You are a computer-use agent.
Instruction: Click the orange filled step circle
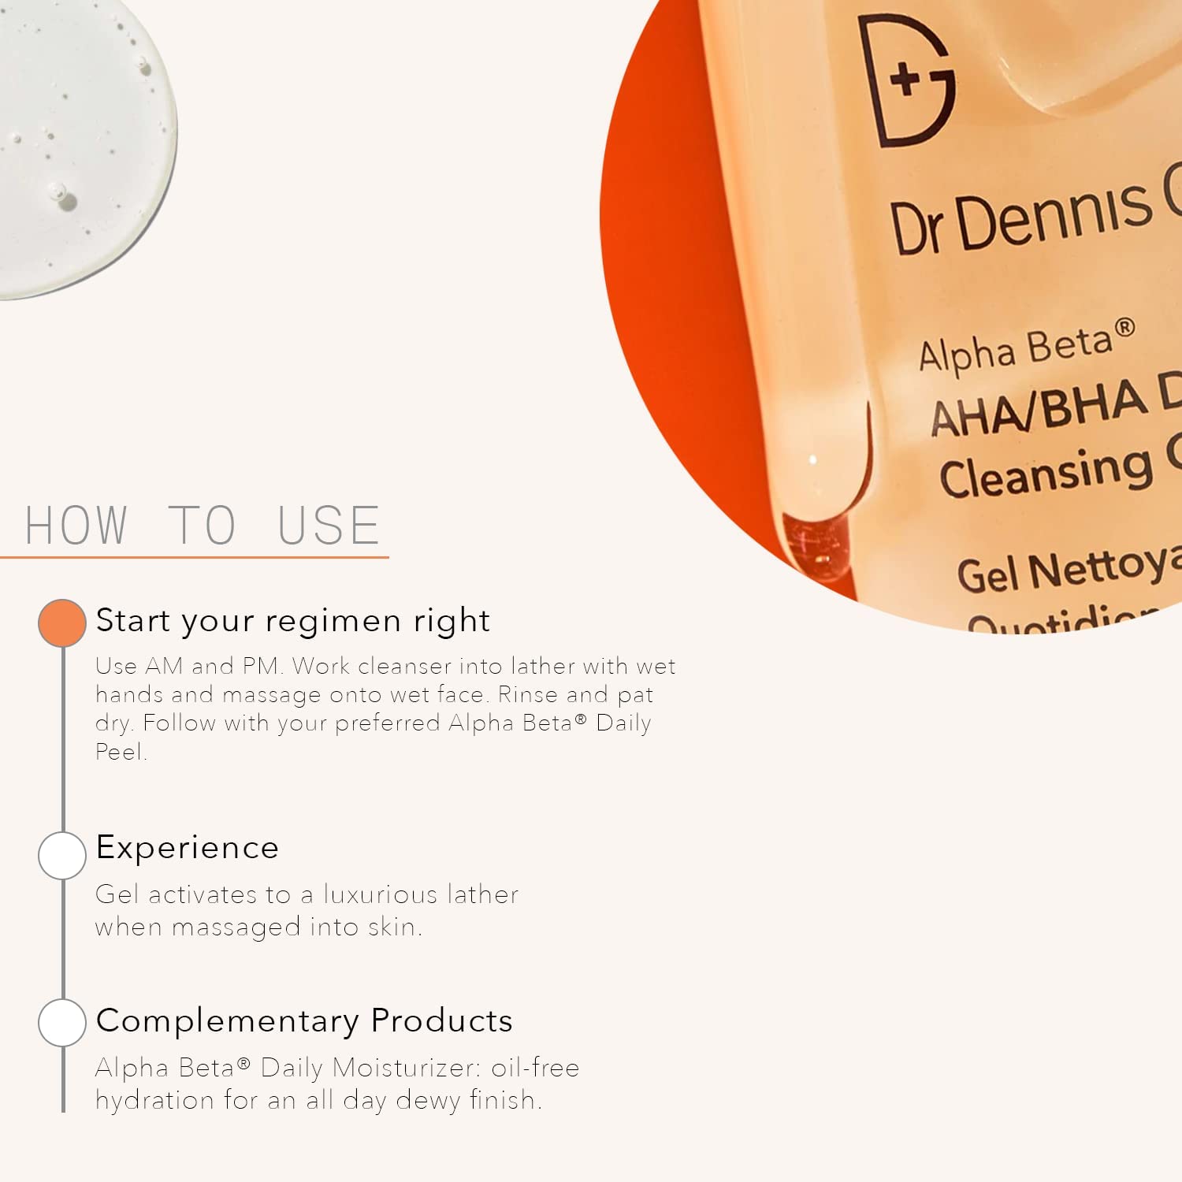tap(62, 623)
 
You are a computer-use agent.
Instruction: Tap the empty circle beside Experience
tap(62, 855)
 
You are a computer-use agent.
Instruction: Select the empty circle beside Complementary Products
tap(62, 1022)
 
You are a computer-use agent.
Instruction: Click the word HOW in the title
tap(76, 526)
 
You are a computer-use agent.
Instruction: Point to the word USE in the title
tap(329, 526)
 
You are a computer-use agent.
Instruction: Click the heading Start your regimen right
tap(292, 621)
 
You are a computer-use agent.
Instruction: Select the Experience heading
tap(188, 848)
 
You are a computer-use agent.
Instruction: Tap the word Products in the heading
tap(441, 1021)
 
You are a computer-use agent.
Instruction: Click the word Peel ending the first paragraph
tap(120, 752)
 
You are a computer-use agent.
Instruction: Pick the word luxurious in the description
tap(380, 894)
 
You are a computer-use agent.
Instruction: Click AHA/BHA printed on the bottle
tap(1039, 408)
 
